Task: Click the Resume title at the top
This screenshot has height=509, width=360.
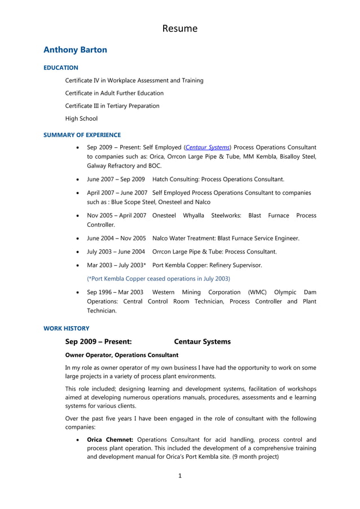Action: (x=180, y=28)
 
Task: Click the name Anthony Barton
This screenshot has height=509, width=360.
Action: (x=75, y=50)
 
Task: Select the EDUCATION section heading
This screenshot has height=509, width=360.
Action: (x=61, y=68)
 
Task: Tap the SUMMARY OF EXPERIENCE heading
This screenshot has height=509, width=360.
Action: (x=82, y=135)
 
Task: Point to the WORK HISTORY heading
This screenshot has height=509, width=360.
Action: (x=66, y=328)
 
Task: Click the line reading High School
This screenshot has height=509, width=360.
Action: (x=81, y=119)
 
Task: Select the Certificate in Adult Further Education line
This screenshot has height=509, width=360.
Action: (x=114, y=93)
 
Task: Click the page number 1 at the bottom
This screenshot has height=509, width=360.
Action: (x=180, y=476)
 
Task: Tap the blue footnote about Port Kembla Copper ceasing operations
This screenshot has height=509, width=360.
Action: (x=158, y=278)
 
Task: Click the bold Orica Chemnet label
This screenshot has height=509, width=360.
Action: (x=110, y=440)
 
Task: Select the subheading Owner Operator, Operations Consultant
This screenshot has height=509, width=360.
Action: (x=122, y=355)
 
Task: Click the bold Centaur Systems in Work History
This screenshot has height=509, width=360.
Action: (x=202, y=342)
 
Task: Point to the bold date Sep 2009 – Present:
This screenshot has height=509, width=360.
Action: (x=99, y=342)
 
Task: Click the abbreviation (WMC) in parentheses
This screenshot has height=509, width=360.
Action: (x=258, y=292)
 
